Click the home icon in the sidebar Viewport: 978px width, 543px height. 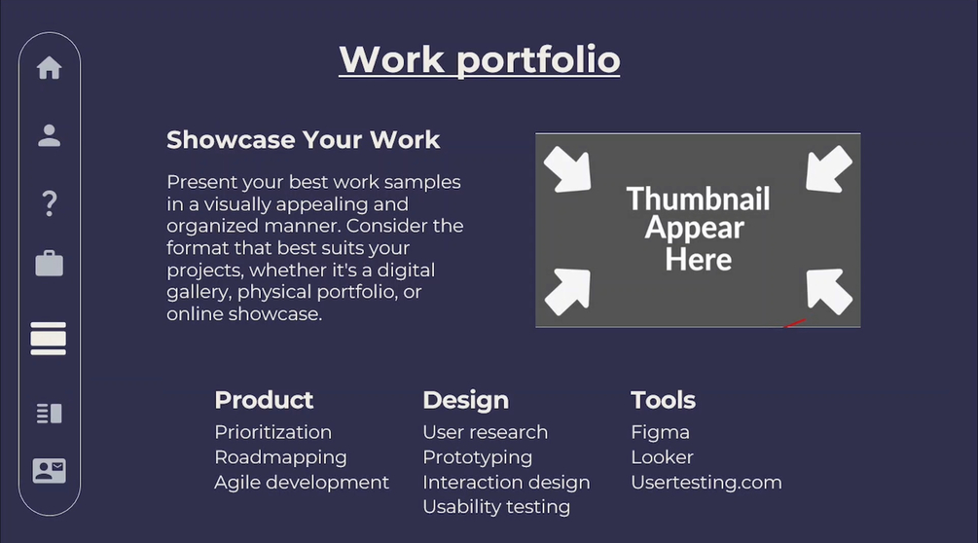click(50, 67)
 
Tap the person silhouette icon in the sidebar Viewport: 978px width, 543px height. click(50, 135)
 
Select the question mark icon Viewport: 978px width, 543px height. click(50, 203)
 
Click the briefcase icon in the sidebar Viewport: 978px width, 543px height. click(50, 263)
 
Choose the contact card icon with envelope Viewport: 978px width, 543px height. click(50, 471)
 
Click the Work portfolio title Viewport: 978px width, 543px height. click(479, 60)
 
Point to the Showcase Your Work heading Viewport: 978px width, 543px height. click(303, 140)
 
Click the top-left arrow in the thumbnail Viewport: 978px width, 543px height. click(568, 169)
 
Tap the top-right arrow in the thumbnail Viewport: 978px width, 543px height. click(828, 169)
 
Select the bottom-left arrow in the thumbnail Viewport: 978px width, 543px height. click(568, 291)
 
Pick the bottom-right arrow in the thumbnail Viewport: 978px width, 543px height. click(828, 291)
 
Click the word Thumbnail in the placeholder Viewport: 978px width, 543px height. click(698, 199)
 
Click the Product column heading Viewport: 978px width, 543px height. click(264, 400)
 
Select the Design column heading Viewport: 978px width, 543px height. click(466, 401)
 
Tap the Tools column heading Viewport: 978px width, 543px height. click(663, 400)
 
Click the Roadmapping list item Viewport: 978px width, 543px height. click(280, 457)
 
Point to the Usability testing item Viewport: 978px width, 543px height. click(496, 507)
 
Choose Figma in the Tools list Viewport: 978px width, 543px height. click(661, 433)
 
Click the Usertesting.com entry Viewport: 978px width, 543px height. click(706, 483)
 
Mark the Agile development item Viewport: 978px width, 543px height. click(302, 483)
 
